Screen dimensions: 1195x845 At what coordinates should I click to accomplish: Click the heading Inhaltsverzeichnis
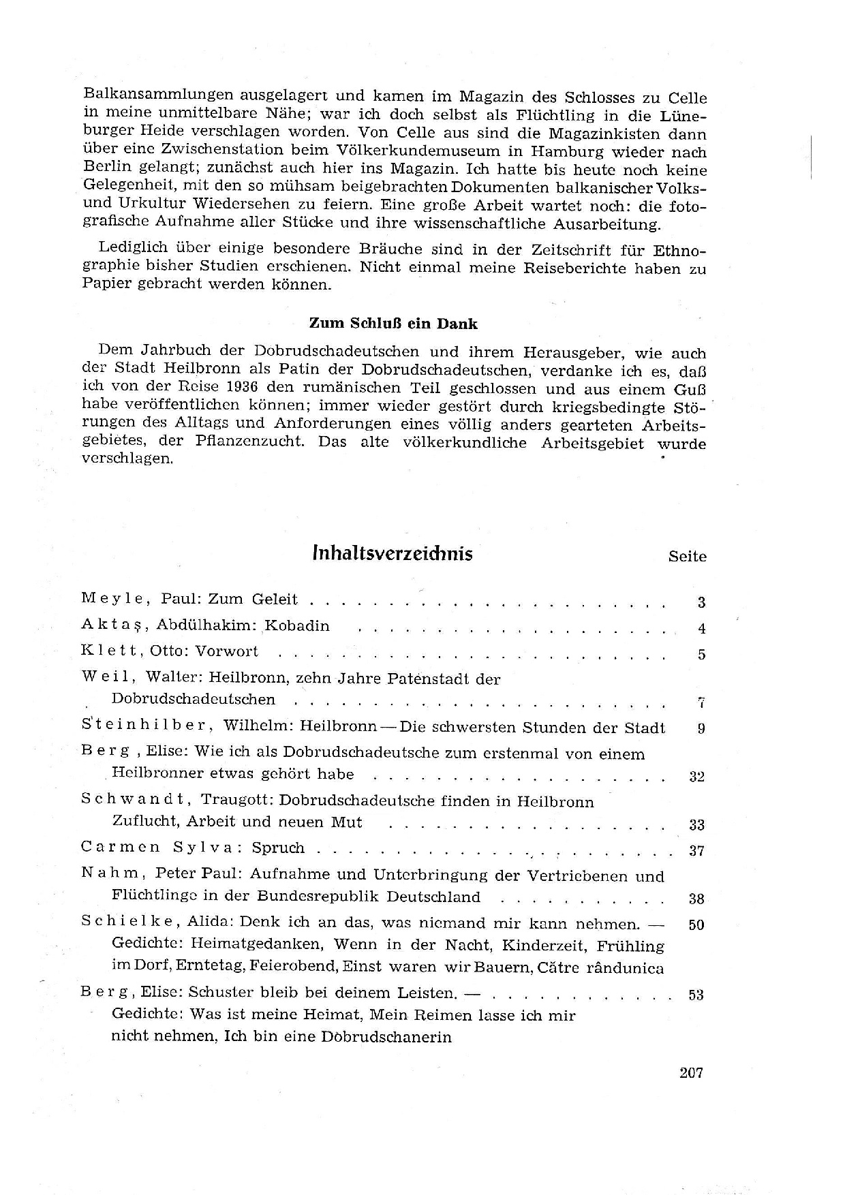pos(392,553)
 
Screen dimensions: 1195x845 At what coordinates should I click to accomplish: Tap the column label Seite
pos(687,557)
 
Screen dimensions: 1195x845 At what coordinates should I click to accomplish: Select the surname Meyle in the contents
pos(112,599)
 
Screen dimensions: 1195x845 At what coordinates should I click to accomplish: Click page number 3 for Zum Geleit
pos(701,602)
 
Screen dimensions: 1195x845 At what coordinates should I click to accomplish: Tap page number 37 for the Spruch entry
pos(696,851)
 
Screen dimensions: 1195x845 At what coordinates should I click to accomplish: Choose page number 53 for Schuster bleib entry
pos(696,995)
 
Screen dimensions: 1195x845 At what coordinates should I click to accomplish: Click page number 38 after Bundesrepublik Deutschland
pos(696,899)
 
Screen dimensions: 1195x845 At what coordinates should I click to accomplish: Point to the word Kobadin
pos(297,625)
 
